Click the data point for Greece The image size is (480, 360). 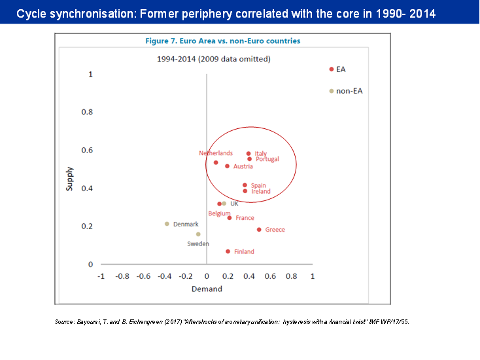point(259,230)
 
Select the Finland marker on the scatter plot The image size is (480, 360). point(228,251)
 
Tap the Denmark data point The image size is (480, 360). point(167,224)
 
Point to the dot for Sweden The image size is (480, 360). point(198,234)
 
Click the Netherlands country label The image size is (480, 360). point(216,153)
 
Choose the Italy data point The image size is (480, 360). point(249,153)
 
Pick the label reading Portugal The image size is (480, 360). point(267,159)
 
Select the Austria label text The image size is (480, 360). point(243,166)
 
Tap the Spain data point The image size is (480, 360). point(245,185)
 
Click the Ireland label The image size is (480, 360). point(261,192)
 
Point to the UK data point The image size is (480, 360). point(224,204)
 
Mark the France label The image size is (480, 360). point(245,218)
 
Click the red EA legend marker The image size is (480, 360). point(332,69)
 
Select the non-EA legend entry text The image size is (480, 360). point(349,91)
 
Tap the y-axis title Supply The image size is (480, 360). point(70,179)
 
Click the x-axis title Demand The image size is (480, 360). point(207,289)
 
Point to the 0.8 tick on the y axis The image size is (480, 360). point(86,112)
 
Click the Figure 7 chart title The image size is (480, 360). point(223,41)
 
